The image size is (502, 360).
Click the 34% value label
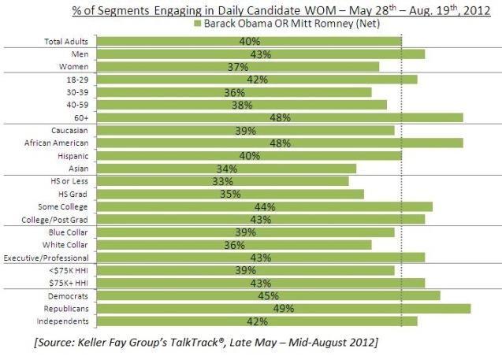(226, 168)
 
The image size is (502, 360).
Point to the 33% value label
(223, 180)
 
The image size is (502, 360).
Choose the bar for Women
(236, 66)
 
